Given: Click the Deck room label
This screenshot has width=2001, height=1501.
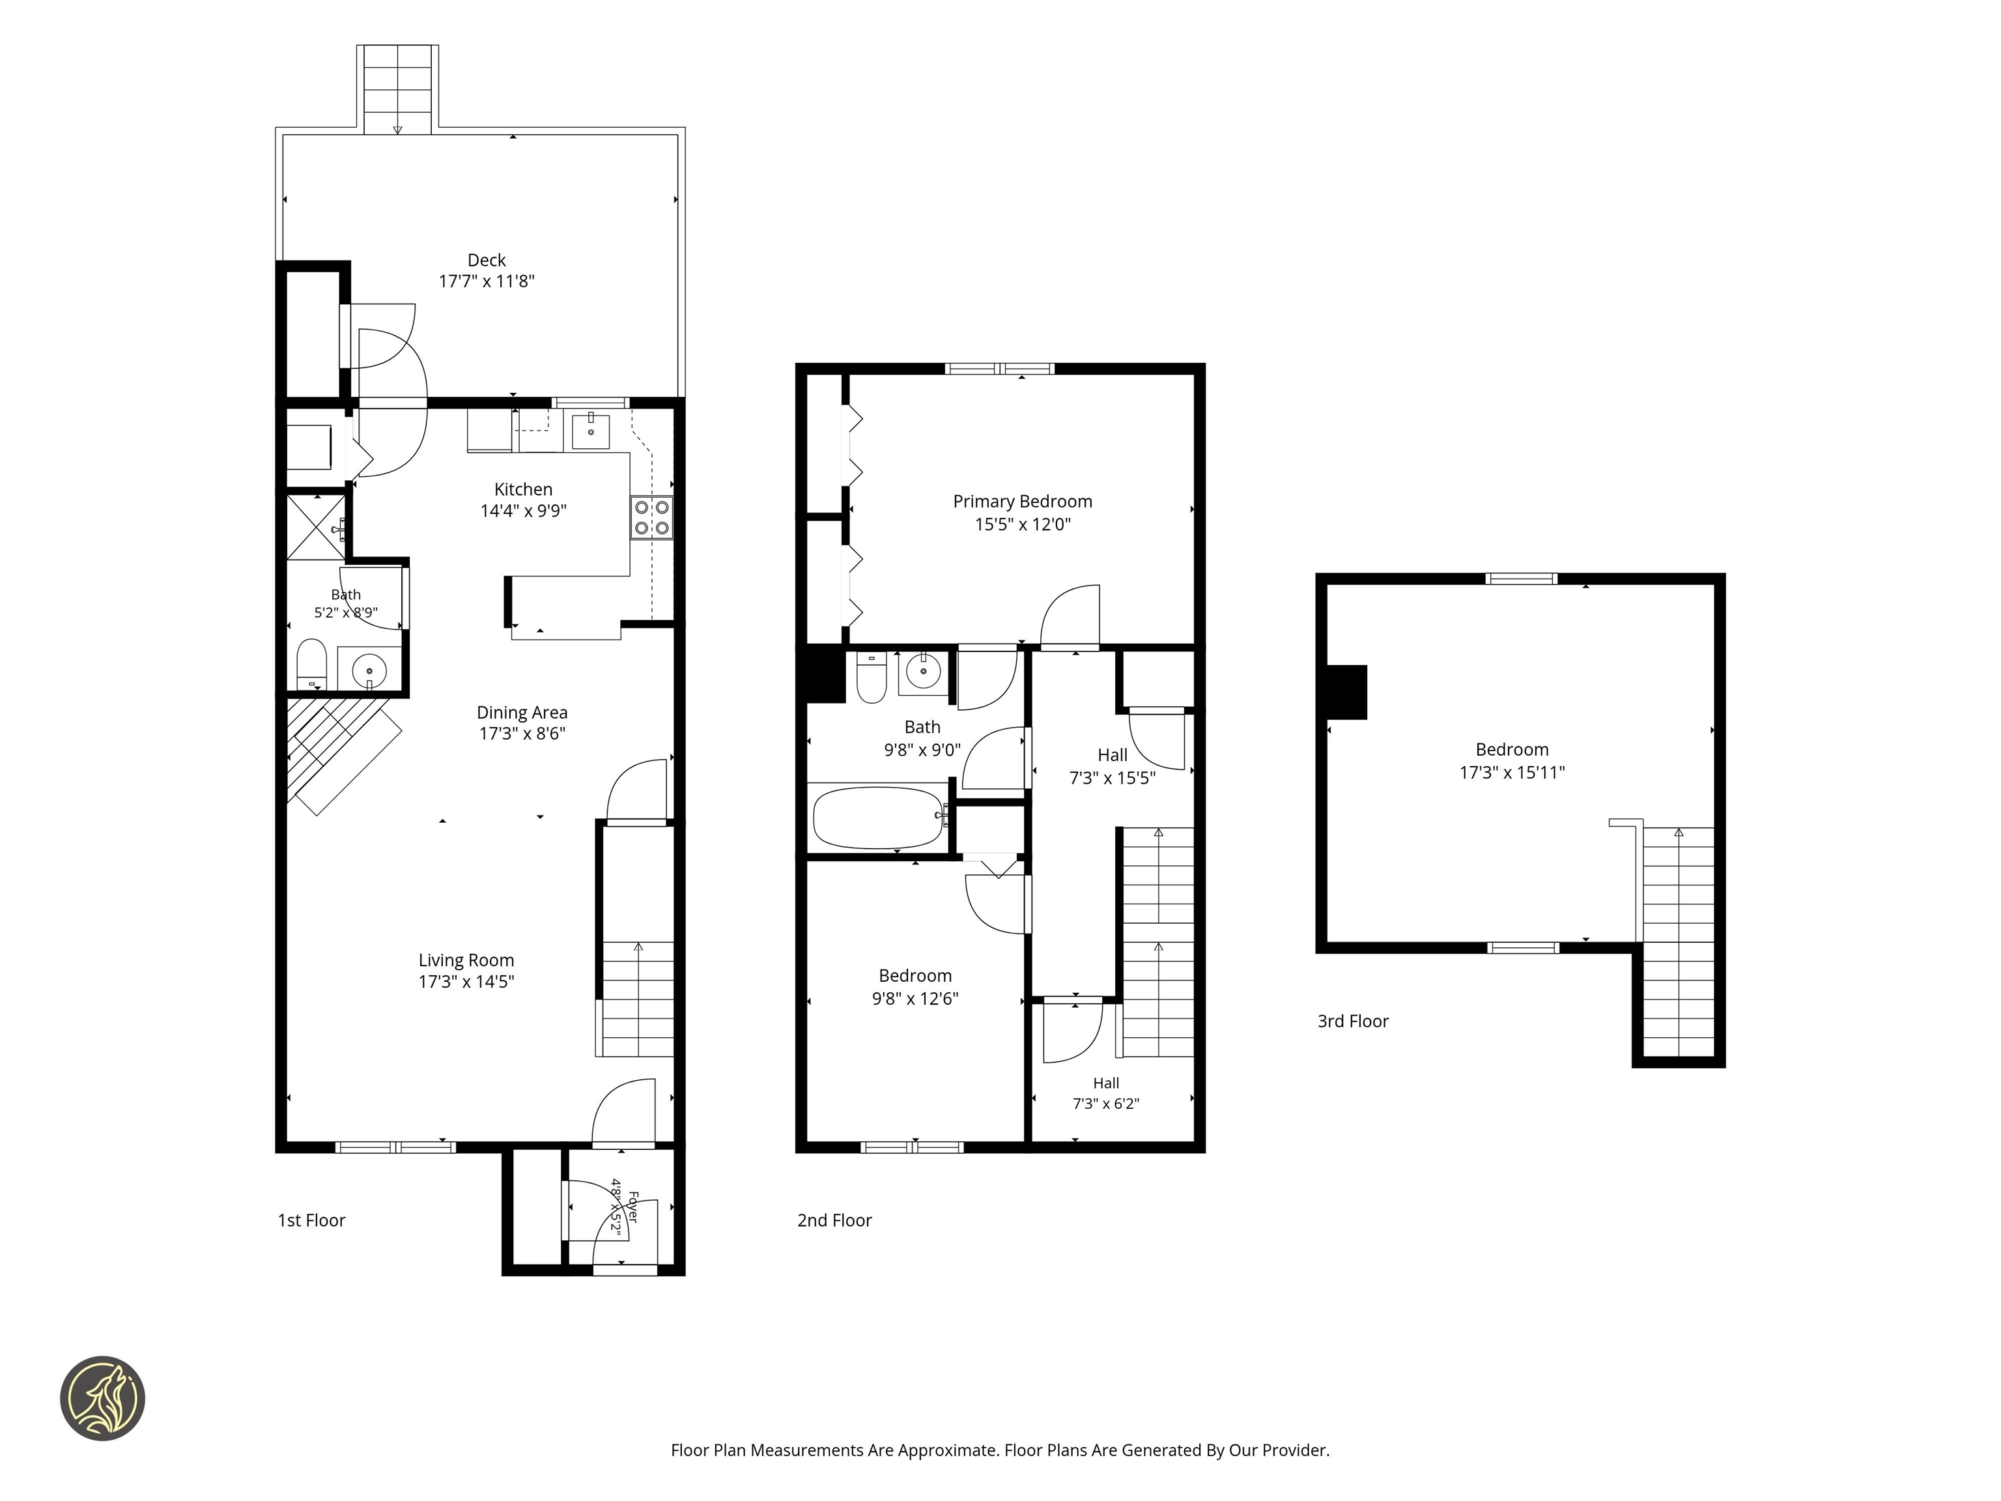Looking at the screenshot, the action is pyautogui.click(x=487, y=261).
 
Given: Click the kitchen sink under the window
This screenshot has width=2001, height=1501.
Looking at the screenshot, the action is pyautogui.click(x=591, y=431).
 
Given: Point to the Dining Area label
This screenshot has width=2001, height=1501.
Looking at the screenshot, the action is pyautogui.click(x=522, y=713).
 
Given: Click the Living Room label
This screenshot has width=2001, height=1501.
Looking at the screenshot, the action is pyautogui.click(x=466, y=961).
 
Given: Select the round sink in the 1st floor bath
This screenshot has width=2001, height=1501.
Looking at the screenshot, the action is pyautogui.click(x=369, y=671).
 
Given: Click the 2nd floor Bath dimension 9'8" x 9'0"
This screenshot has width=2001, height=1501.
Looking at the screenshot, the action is pyautogui.click(x=922, y=750).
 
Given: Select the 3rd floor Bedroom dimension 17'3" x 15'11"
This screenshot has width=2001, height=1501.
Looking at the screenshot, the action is pyautogui.click(x=1512, y=773).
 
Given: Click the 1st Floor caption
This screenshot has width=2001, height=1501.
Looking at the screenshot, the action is pyautogui.click(x=311, y=1220).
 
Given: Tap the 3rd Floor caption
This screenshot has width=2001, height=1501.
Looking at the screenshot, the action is pyautogui.click(x=1352, y=1022).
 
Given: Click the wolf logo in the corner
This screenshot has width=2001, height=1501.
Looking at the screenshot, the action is pyautogui.click(x=102, y=1398).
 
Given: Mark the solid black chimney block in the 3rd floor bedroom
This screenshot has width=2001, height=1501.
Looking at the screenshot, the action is pyautogui.click(x=1346, y=692).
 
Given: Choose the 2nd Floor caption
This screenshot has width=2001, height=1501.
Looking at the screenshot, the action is pyautogui.click(x=834, y=1220).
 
